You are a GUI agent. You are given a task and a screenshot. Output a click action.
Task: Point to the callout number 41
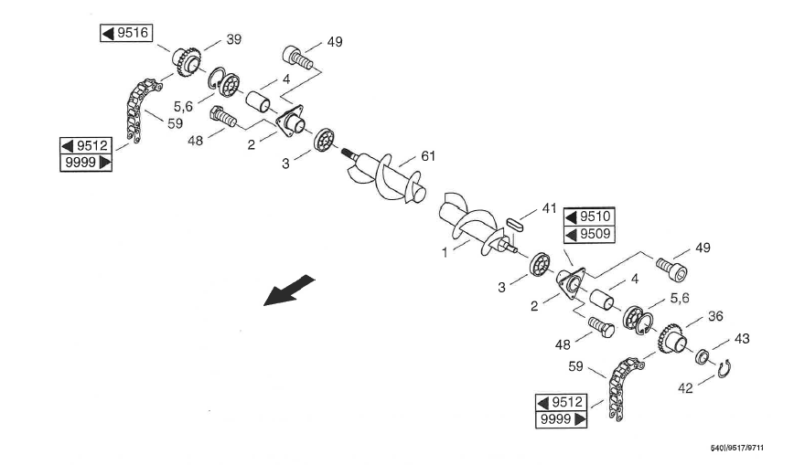pos(549,207)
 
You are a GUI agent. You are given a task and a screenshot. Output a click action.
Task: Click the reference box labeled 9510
pos(588,217)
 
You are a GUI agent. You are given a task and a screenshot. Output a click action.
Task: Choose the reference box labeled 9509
pos(588,234)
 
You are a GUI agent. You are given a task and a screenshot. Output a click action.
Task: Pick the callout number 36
pos(716,316)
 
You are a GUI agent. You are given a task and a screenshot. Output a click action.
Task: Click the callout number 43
pos(742,339)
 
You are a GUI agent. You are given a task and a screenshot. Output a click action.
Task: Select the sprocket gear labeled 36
pos(671,341)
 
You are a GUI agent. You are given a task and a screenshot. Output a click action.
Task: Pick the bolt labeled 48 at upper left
pos(222,116)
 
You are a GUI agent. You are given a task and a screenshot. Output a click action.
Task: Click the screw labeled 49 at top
pos(296,56)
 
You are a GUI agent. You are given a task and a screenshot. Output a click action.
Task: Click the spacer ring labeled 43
pos(703,355)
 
